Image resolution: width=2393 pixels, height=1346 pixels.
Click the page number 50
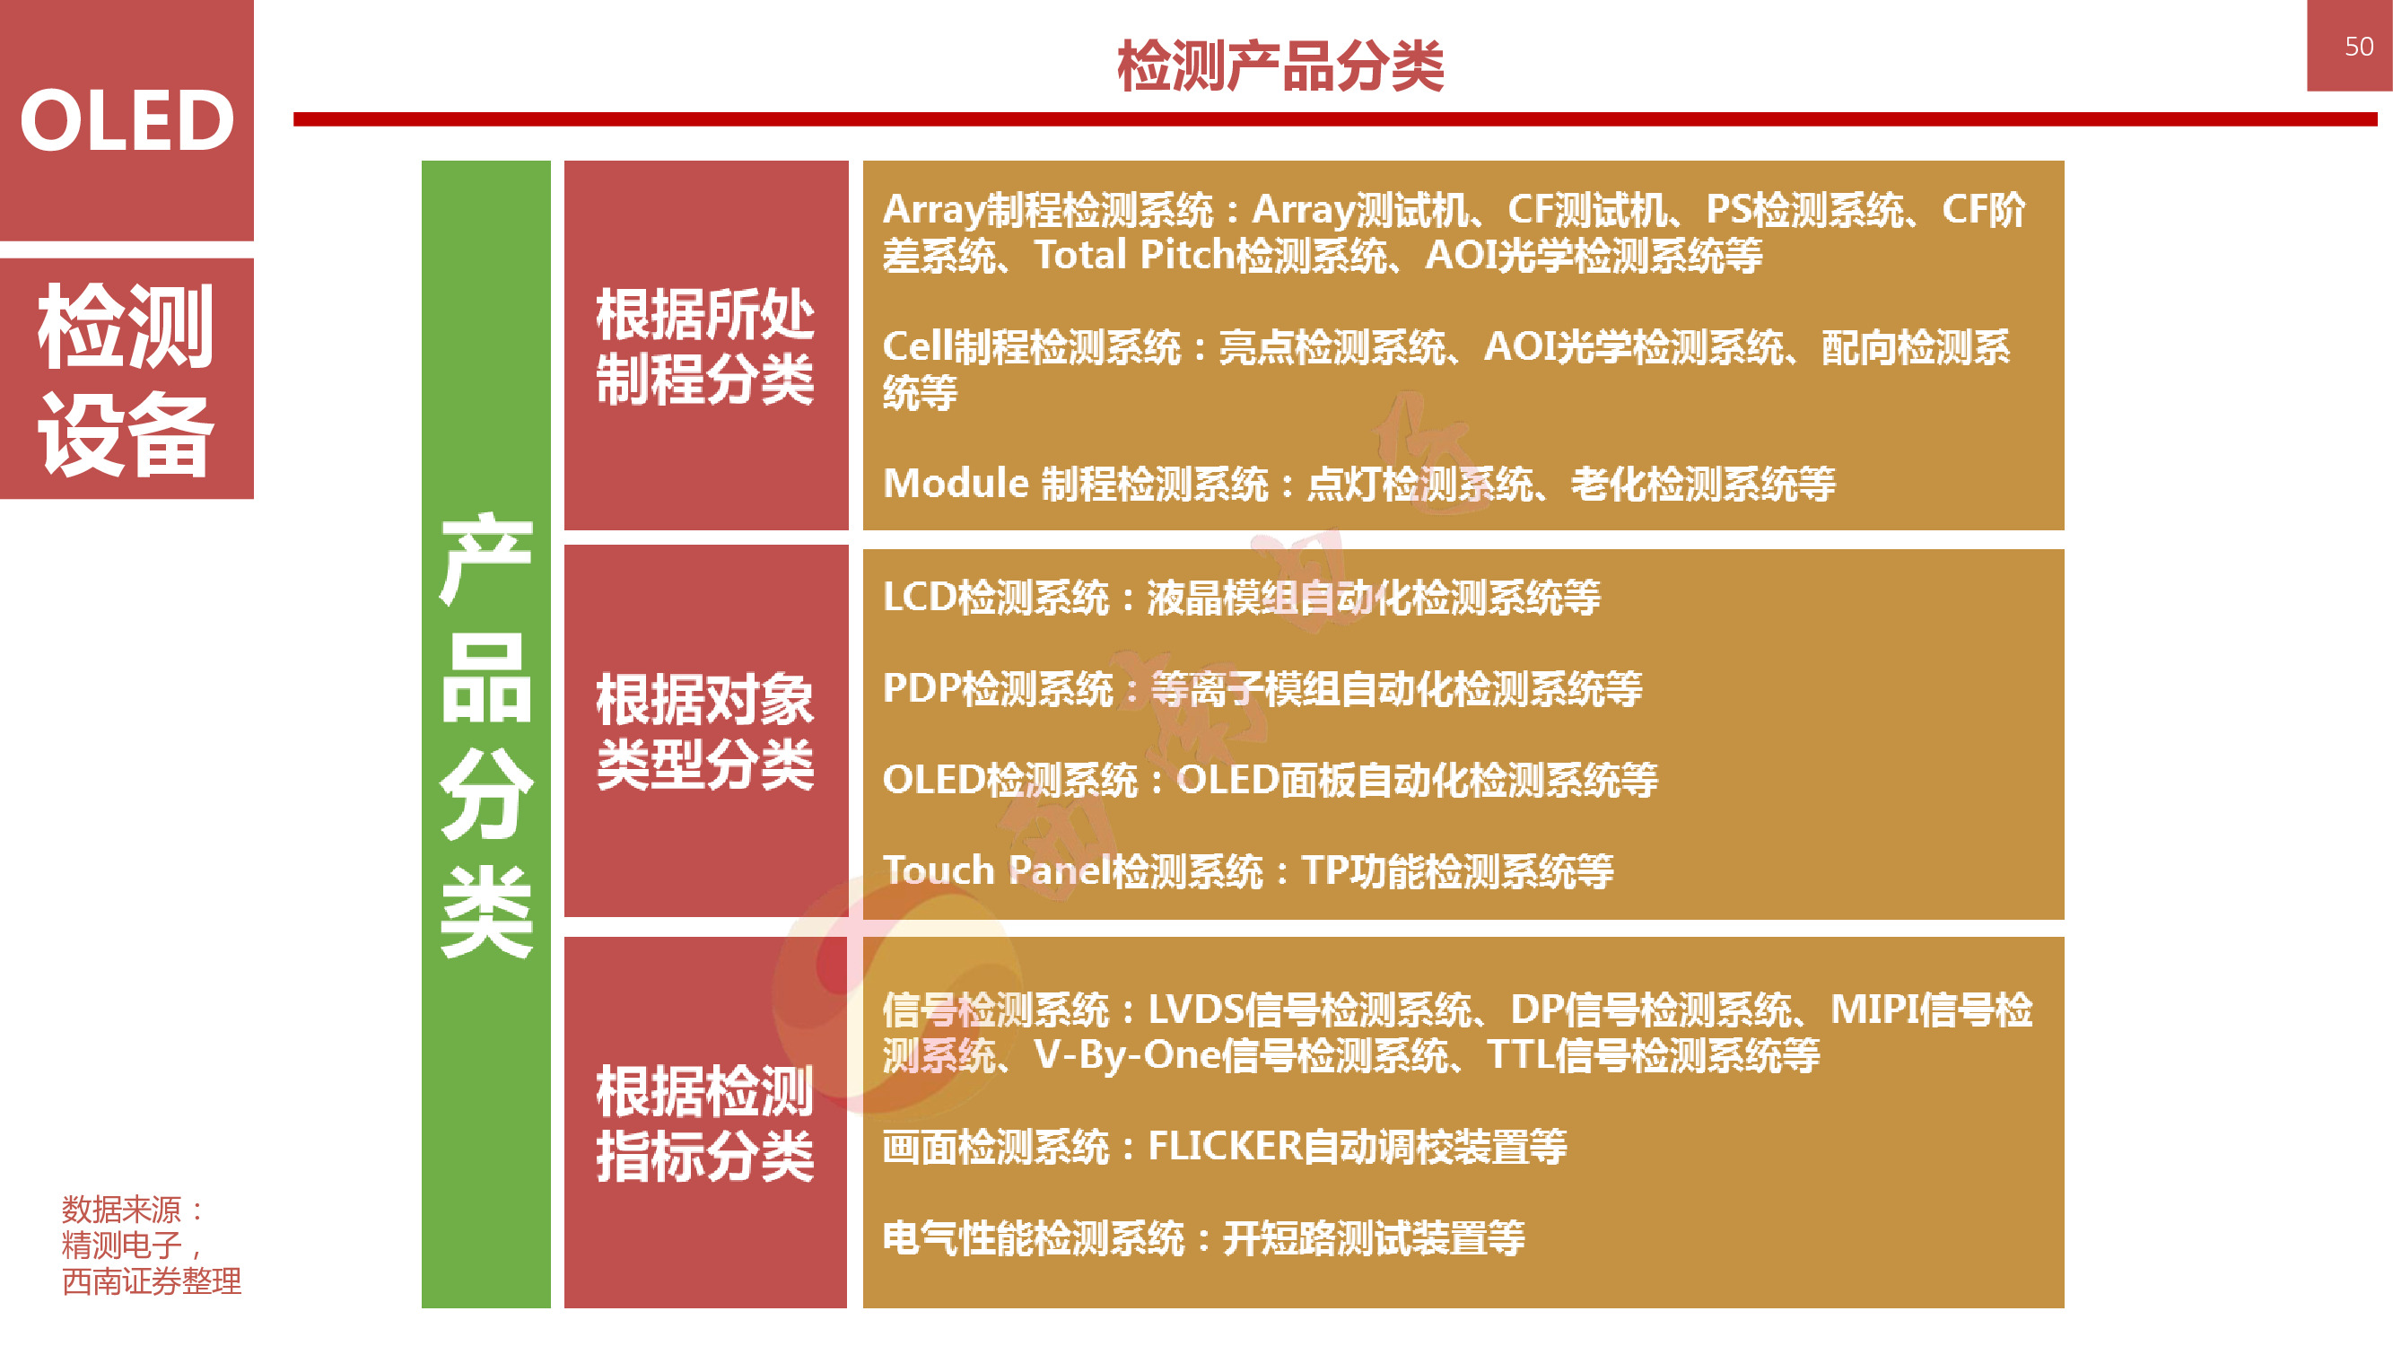(2358, 47)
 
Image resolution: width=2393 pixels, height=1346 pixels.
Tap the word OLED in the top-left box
(127, 121)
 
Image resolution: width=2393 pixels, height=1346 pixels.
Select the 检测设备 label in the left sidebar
(127, 380)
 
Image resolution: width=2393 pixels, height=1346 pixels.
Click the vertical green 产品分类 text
(485, 734)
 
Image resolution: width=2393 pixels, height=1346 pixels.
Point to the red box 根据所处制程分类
(705, 346)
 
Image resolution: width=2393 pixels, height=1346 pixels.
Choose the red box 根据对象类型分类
(705, 731)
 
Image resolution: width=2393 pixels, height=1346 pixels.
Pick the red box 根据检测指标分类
(705, 1123)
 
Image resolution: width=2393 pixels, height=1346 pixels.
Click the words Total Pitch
(1134, 256)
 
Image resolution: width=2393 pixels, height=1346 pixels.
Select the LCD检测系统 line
(1241, 598)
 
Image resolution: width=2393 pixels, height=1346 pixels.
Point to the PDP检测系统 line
(1262, 688)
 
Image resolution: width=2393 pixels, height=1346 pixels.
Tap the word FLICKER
(1225, 1146)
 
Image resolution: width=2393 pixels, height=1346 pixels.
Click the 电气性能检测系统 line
(1203, 1237)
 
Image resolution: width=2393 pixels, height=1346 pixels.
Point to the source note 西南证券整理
(152, 1281)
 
